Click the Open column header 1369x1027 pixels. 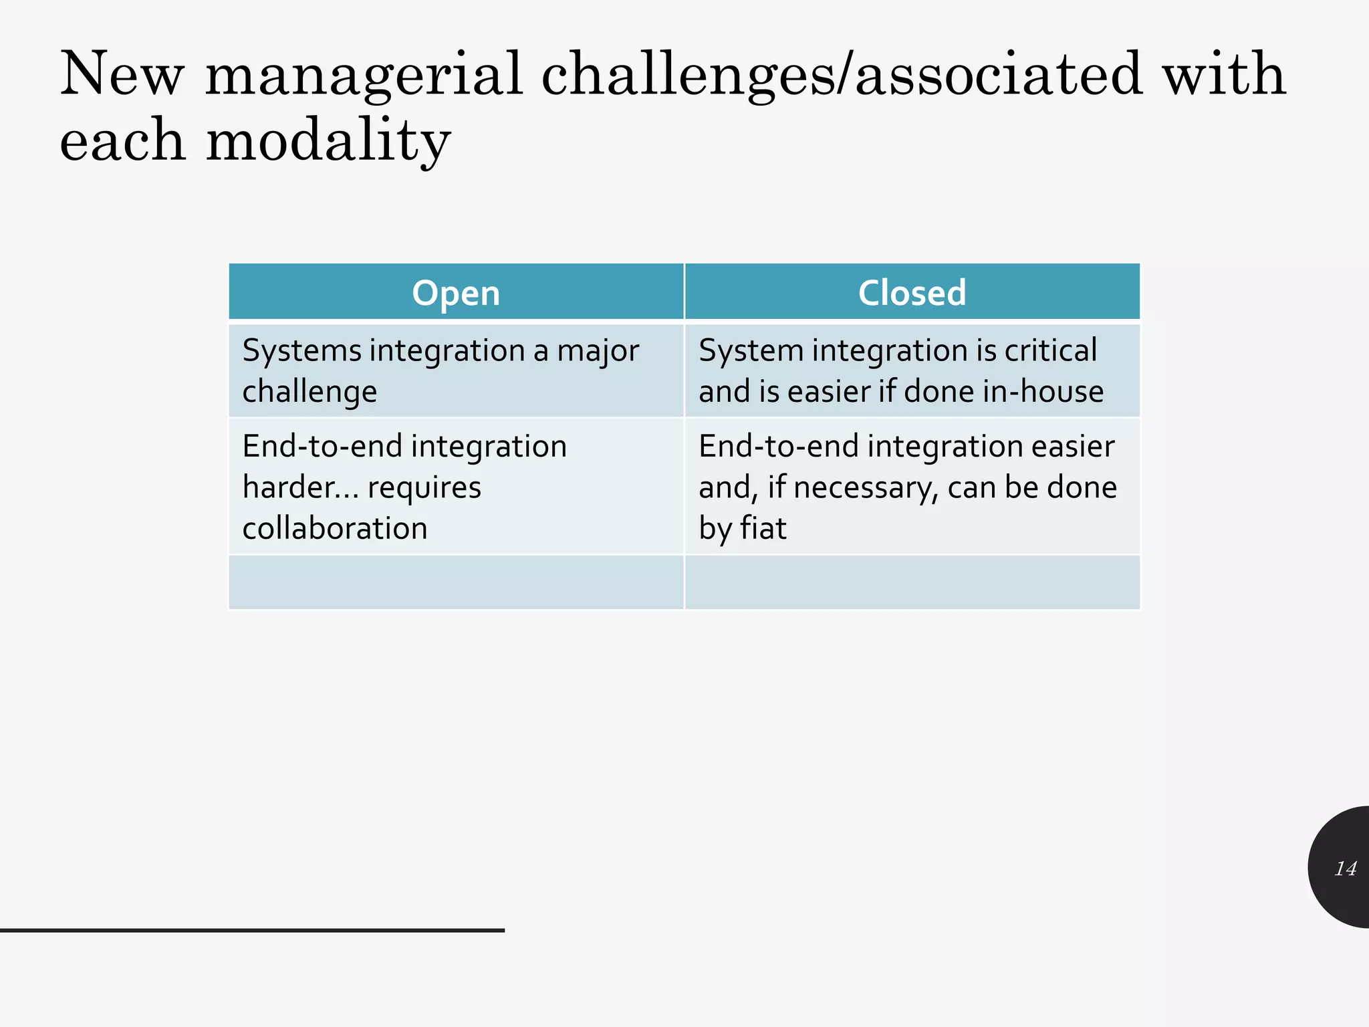[x=456, y=293]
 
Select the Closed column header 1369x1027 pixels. [x=912, y=293]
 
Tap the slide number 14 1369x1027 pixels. [x=1345, y=869]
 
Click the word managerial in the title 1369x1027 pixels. [x=364, y=75]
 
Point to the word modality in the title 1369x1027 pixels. [x=328, y=141]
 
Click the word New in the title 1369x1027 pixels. [x=122, y=75]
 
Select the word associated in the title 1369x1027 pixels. [x=999, y=75]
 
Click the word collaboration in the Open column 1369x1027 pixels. [x=334, y=528]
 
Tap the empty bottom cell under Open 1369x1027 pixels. [x=456, y=582]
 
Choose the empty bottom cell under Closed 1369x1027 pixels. [x=912, y=582]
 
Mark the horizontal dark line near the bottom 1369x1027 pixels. [x=252, y=930]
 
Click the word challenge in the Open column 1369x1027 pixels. [x=309, y=392]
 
